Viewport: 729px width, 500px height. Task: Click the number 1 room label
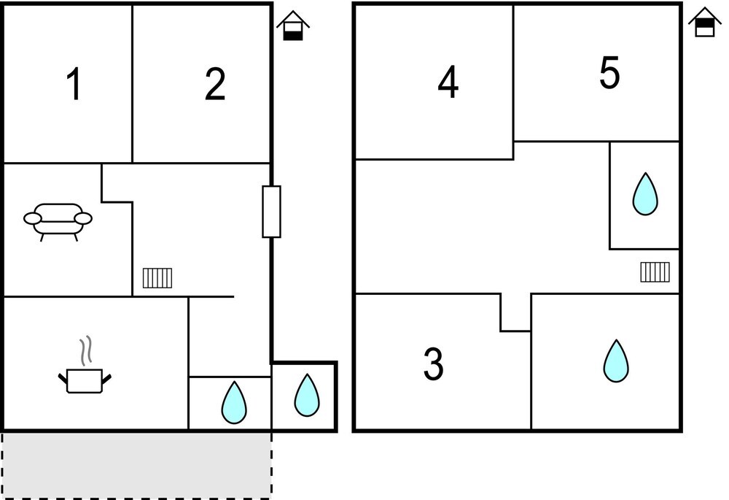(74, 84)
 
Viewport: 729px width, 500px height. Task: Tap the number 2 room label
(215, 84)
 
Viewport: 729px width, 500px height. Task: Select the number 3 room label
(433, 364)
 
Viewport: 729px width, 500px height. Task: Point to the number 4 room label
(448, 82)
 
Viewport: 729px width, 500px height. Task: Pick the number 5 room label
(609, 72)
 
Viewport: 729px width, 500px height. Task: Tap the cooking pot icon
(85, 380)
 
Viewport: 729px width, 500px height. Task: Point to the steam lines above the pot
(85, 351)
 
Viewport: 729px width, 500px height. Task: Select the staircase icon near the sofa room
(157, 278)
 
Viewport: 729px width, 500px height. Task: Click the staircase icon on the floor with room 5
(655, 272)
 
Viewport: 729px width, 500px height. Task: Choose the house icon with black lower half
(293, 26)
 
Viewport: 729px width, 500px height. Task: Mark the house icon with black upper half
(704, 23)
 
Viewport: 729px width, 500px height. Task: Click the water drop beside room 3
(616, 361)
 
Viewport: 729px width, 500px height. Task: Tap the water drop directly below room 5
(645, 194)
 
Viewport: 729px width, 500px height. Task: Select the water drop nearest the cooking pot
(234, 403)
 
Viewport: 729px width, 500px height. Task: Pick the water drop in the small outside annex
(307, 395)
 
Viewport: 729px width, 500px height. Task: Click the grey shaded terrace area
(137, 465)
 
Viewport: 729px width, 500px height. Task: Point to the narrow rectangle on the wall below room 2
(271, 212)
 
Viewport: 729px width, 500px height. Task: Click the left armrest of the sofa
(33, 218)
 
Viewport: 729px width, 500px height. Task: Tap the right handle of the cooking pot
(106, 379)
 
